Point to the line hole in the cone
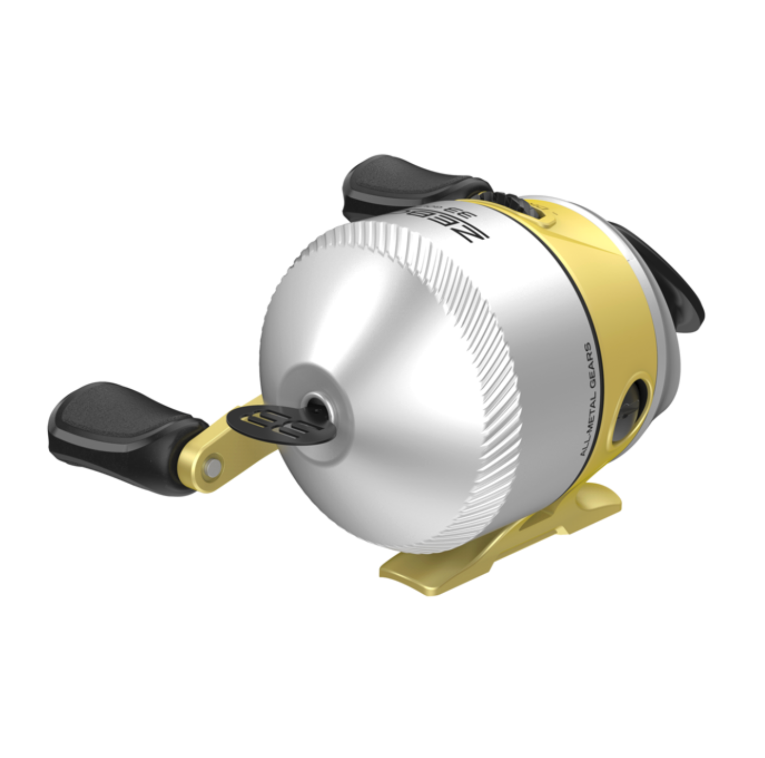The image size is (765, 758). (314, 404)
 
